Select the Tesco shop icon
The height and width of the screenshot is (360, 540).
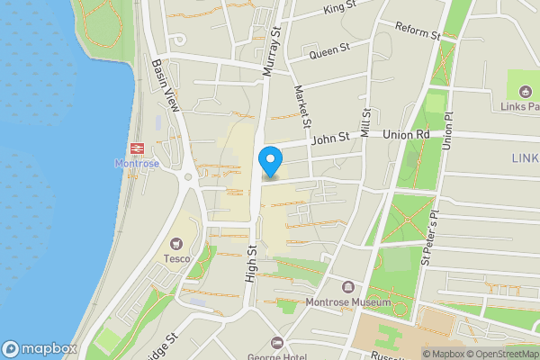click(x=174, y=243)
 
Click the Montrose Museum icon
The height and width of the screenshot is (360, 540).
click(x=347, y=286)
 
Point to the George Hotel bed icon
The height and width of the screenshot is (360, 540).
click(x=276, y=343)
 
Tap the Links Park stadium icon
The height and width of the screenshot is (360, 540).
click(x=524, y=89)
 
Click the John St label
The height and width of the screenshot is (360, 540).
click(x=329, y=139)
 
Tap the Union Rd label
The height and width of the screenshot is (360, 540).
click(x=406, y=135)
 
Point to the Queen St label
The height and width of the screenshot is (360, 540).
click(x=328, y=52)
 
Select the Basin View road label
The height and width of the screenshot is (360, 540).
click(x=166, y=85)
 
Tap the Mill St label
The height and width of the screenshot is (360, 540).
click(x=365, y=122)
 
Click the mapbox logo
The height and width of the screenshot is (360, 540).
click(x=40, y=348)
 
